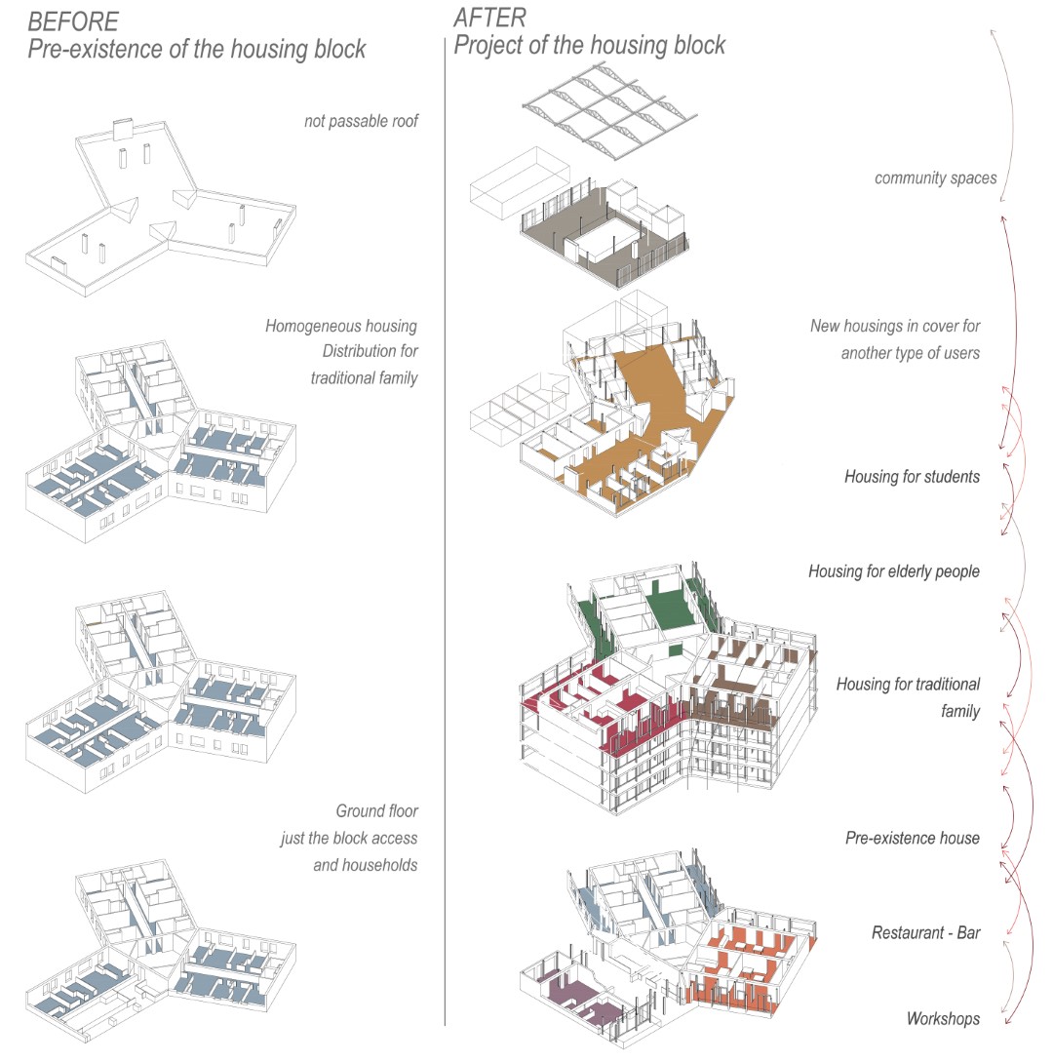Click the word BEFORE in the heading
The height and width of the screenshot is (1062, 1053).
coord(73,21)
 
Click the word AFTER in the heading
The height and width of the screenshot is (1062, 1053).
coord(489,18)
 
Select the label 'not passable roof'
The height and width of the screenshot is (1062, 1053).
coord(361,122)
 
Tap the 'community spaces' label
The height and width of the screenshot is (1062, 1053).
coord(935,178)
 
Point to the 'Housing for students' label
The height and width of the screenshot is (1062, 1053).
coord(912,477)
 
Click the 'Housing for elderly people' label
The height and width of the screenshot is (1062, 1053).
coord(893,571)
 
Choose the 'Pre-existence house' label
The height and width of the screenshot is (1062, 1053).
coord(912,838)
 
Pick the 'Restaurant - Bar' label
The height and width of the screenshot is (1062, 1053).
coord(925,933)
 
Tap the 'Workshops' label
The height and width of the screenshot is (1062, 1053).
coord(943,1019)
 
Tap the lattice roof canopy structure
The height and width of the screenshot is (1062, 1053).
coord(609,102)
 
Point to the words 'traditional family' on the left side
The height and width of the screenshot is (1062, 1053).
coord(364,377)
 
